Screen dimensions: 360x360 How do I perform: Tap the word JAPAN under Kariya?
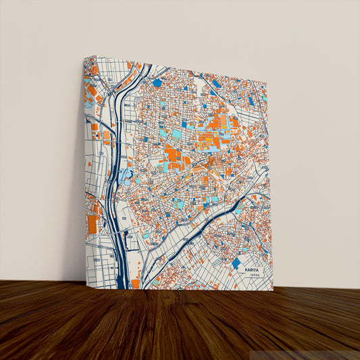tap(254, 276)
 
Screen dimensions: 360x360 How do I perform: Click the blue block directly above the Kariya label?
tap(236, 262)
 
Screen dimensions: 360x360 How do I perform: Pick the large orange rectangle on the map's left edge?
tap(92, 224)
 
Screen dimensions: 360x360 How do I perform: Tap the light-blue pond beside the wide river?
tap(126, 177)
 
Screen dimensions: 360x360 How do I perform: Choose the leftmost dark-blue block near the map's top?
tap(157, 83)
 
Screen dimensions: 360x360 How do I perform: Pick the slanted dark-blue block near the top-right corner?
tap(251, 101)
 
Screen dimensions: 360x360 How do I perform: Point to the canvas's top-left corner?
tap(84, 56)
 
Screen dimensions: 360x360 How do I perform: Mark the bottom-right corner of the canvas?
tap(273, 290)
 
